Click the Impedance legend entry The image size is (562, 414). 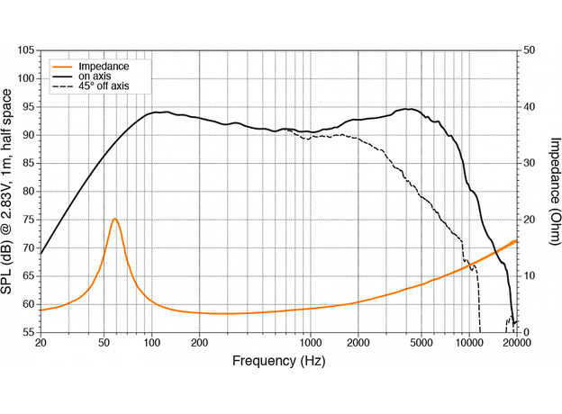(104, 67)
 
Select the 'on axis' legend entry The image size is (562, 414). (95, 76)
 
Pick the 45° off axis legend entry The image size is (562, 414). (104, 86)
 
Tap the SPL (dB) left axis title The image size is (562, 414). (9, 192)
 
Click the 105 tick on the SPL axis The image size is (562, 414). (26, 50)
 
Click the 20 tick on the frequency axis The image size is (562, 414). (41, 344)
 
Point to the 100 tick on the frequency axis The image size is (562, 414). (152, 344)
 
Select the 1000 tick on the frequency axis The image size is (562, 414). (311, 344)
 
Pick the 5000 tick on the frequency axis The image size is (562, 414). (421, 344)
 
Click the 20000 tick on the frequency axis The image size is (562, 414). (515, 344)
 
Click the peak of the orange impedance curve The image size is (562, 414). (114, 219)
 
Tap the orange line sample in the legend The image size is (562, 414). (63, 67)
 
